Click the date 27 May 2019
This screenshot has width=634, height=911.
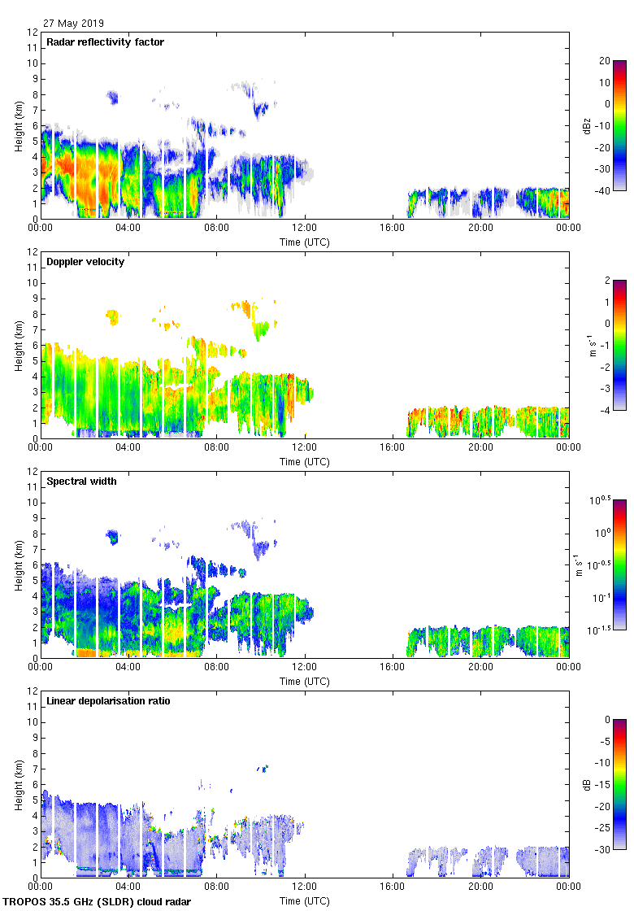point(73,24)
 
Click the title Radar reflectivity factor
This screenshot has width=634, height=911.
point(106,42)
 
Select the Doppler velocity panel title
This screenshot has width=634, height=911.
point(85,262)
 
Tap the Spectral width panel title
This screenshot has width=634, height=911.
point(83,482)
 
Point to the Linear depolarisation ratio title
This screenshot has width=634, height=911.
point(109,701)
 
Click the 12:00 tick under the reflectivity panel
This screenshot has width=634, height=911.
point(305,229)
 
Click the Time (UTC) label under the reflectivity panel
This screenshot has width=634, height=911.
point(305,242)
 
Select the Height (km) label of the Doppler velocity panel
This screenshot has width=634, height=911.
point(19,345)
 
